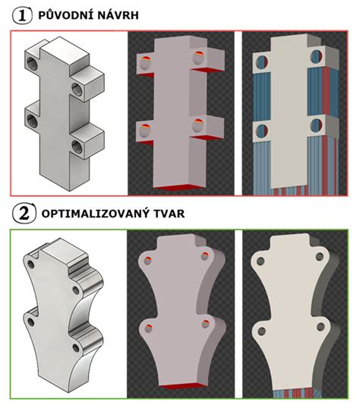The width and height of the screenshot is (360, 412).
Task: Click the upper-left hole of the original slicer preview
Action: tap(143, 59)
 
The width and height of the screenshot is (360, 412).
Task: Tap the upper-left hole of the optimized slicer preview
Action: tap(147, 261)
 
